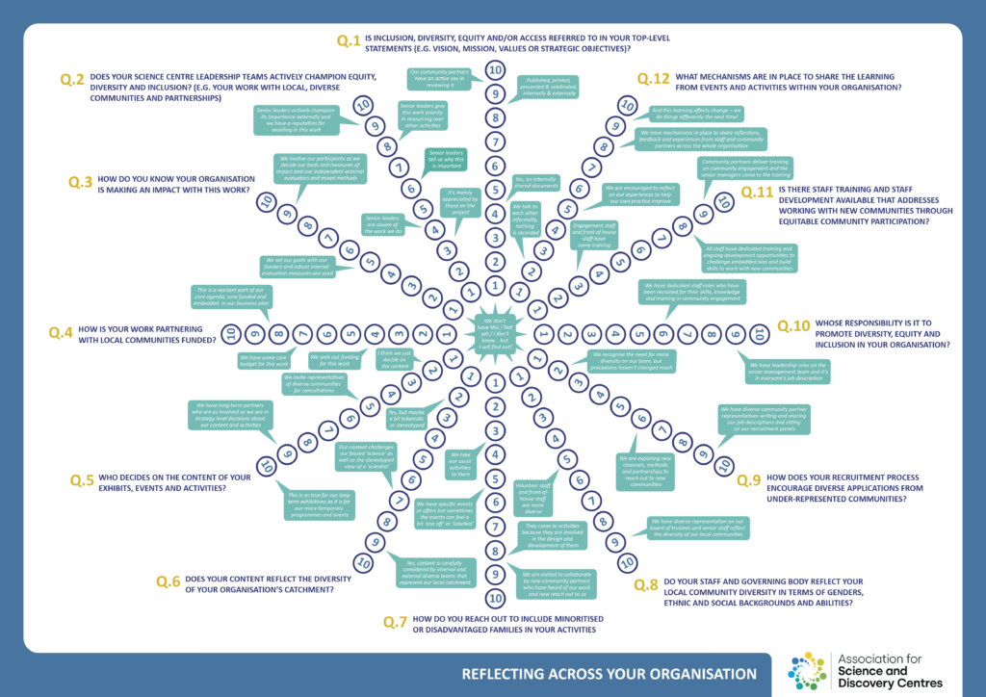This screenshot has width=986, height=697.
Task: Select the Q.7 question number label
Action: click(x=395, y=622)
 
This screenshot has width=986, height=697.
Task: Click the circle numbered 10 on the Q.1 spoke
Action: click(x=495, y=69)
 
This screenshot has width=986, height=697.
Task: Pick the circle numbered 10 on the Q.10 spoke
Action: click(x=759, y=334)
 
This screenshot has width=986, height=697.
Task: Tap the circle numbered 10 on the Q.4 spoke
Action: click(x=229, y=334)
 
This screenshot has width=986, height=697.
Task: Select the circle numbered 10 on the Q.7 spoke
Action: click(x=495, y=597)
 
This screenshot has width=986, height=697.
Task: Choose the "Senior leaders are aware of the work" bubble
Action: click(x=384, y=225)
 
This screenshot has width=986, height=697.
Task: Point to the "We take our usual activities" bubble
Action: click(x=459, y=466)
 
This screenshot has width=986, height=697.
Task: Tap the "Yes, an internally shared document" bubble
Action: click(x=536, y=184)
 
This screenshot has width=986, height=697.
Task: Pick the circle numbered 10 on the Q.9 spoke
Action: click(x=724, y=466)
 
